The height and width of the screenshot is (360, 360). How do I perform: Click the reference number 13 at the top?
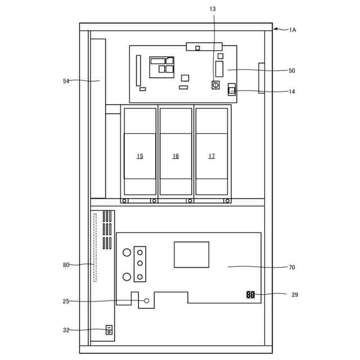[213, 9]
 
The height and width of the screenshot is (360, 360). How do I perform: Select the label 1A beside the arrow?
[292, 30]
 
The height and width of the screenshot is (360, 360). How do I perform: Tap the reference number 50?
[291, 70]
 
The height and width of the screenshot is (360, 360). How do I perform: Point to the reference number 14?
[291, 92]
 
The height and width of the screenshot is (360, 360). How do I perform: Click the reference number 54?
[66, 81]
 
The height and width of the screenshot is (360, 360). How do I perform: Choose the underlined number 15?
[140, 156]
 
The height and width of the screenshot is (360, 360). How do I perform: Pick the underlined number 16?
[175, 156]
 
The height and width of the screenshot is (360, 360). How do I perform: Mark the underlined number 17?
[211, 156]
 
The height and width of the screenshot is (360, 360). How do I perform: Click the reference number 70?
[291, 267]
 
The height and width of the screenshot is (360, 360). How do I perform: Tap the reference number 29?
[295, 295]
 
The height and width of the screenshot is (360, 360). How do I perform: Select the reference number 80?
[66, 265]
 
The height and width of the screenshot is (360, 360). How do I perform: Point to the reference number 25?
[66, 301]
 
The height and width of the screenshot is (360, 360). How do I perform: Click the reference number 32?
[66, 330]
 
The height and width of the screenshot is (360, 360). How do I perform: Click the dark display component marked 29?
[250, 295]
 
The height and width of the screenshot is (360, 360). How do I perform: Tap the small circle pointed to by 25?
[146, 300]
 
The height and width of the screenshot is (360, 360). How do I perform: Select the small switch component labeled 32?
[109, 330]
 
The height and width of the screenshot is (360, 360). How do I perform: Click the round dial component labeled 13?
[215, 85]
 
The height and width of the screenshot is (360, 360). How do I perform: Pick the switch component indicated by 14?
[232, 89]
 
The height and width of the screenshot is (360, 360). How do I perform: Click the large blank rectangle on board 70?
[191, 255]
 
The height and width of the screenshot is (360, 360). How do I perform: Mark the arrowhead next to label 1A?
[276, 29]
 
